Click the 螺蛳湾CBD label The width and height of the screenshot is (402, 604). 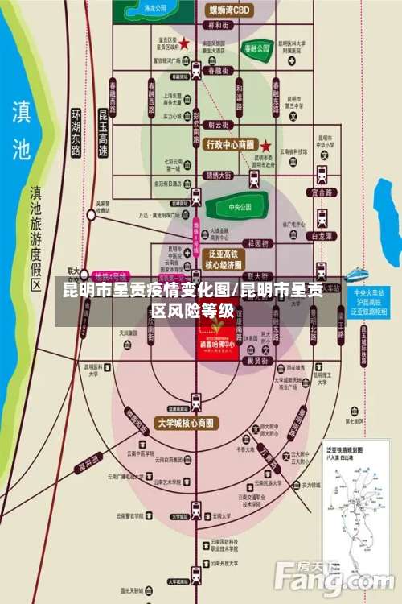pyautogui.click(x=230, y=10)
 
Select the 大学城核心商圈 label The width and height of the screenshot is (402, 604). pyautogui.click(x=186, y=423)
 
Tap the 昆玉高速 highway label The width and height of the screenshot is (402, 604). pyautogui.click(x=103, y=133)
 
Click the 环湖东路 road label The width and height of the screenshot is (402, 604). pyautogui.click(x=76, y=133)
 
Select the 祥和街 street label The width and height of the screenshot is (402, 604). pyautogui.click(x=219, y=26)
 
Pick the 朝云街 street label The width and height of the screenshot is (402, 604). pyautogui.click(x=219, y=125)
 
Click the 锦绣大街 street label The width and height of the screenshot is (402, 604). pyautogui.click(x=219, y=175)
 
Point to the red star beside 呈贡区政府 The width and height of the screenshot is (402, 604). pyautogui.click(x=184, y=43)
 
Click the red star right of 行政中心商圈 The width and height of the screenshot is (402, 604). pyautogui.click(x=265, y=146)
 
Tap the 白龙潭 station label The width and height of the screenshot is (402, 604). pyautogui.click(x=321, y=236)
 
